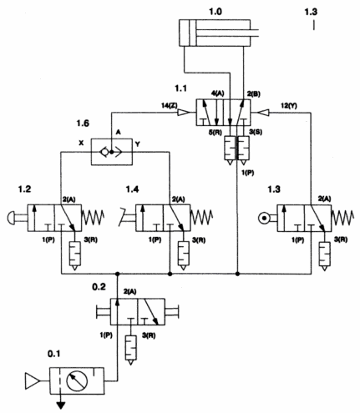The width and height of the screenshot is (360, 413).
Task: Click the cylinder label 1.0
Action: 215,12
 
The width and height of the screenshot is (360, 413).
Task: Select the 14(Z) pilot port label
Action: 169,106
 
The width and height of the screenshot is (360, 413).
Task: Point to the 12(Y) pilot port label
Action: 289,106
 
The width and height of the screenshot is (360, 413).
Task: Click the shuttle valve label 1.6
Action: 83,123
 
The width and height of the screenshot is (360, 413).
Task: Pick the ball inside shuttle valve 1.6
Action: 111,152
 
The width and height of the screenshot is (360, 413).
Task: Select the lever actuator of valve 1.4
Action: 127,216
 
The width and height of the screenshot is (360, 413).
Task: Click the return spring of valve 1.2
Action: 93,218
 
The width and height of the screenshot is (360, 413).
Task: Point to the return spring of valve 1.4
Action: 201,218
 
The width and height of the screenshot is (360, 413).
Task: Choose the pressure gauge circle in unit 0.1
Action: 77,380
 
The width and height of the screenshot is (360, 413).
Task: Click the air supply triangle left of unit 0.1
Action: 32,380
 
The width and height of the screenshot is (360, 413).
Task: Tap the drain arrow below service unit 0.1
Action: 61,405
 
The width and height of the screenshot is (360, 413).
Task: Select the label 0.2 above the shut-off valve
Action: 99,287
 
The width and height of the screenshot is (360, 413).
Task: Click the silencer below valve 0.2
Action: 131,347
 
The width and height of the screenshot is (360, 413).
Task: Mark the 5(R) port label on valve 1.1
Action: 215,133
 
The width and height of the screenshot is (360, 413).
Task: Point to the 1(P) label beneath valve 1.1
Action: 247,173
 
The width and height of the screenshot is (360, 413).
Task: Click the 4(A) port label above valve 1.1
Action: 218,93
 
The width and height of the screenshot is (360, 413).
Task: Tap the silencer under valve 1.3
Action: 325,255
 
